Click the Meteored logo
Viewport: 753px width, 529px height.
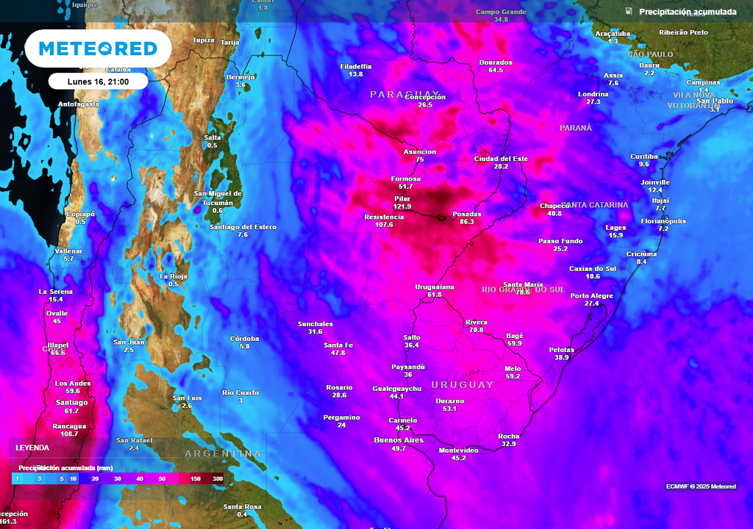point(98,48)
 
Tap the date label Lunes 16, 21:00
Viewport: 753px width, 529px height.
point(98,82)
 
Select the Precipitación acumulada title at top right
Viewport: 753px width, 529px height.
point(688,12)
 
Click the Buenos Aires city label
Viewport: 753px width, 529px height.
point(399,440)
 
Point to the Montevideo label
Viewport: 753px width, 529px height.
point(458,450)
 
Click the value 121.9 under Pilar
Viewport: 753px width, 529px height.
point(402,207)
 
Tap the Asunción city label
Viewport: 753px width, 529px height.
point(420,151)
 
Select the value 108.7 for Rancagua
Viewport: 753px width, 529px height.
point(70,434)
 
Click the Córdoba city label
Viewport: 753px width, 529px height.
point(244,339)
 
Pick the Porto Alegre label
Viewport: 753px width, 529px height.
point(591,295)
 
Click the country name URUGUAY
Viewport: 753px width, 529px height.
point(462,385)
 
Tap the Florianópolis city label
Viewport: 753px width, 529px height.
point(663,220)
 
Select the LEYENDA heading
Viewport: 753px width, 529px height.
point(32,447)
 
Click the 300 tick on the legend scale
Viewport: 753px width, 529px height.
point(218,478)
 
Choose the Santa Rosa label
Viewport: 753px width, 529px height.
point(242,506)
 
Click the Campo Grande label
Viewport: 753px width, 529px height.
point(501,12)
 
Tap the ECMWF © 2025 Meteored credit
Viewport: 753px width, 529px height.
point(701,486)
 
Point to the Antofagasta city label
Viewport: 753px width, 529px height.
point(79,104)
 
